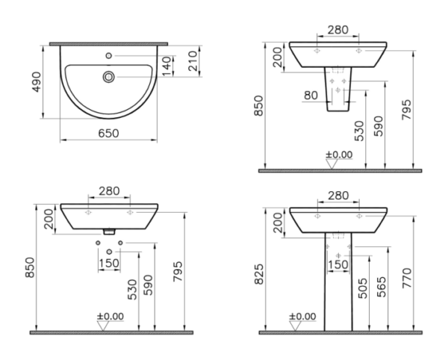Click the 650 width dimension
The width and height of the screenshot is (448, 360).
coord(108,134)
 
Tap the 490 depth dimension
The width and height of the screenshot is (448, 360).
coord(37,82)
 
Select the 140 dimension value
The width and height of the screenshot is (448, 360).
coord(167,66)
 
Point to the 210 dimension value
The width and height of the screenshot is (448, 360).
coord(193,60)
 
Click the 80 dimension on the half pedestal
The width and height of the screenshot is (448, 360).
coord(311,96)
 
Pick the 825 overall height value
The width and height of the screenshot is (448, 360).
coord(259,274)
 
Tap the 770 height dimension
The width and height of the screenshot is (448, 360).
coord(407,278)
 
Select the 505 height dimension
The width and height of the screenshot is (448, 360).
coord(363,288)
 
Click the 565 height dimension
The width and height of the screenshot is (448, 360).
coord(382,287)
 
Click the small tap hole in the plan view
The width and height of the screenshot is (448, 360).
coord(108,56)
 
